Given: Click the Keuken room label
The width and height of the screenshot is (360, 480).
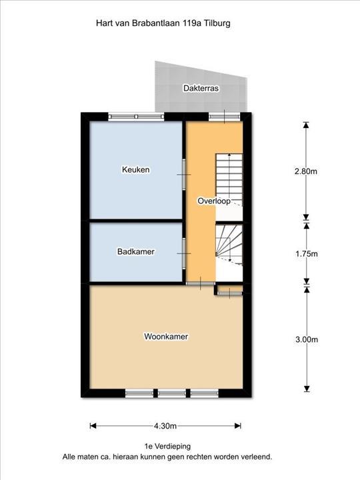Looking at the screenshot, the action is pos(135,169).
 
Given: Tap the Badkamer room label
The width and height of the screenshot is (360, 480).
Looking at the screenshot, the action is pos(135,251).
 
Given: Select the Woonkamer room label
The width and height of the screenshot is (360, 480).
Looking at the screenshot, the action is pos(166,337).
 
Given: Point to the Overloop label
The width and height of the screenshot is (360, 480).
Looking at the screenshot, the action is pos(214,201).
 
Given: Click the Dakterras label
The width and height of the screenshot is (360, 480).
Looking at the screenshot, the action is pos(201,88).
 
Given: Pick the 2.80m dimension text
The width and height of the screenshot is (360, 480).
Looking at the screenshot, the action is pos(306,171).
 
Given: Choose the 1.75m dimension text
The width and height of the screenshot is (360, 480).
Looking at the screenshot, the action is pos(307,254).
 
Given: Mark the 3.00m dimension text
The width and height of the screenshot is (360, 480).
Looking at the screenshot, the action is pos(307,339).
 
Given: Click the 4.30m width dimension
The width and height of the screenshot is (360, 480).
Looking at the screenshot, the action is pos(165,426).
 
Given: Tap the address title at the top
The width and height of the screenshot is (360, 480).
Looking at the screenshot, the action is pos(163,23).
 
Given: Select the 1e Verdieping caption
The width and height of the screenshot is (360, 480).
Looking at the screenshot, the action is pos(167,446).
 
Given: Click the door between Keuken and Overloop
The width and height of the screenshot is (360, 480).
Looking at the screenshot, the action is pos(184,175).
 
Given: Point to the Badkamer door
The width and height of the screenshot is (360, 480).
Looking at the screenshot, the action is pos(184,253).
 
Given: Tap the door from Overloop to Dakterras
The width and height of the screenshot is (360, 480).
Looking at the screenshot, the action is pos(225,116).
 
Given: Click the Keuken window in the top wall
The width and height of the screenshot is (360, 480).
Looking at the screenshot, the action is pos(136,116).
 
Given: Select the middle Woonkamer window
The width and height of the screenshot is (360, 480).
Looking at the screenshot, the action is pos(172,393).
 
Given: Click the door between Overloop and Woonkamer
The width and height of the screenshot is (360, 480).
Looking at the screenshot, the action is pos(201,284).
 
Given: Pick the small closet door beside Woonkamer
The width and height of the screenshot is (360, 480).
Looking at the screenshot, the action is pos(229,293).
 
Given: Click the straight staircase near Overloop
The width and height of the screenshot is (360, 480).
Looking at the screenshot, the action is pos(229,180).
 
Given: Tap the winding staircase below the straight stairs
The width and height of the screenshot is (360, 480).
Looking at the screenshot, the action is pos(229,245).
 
